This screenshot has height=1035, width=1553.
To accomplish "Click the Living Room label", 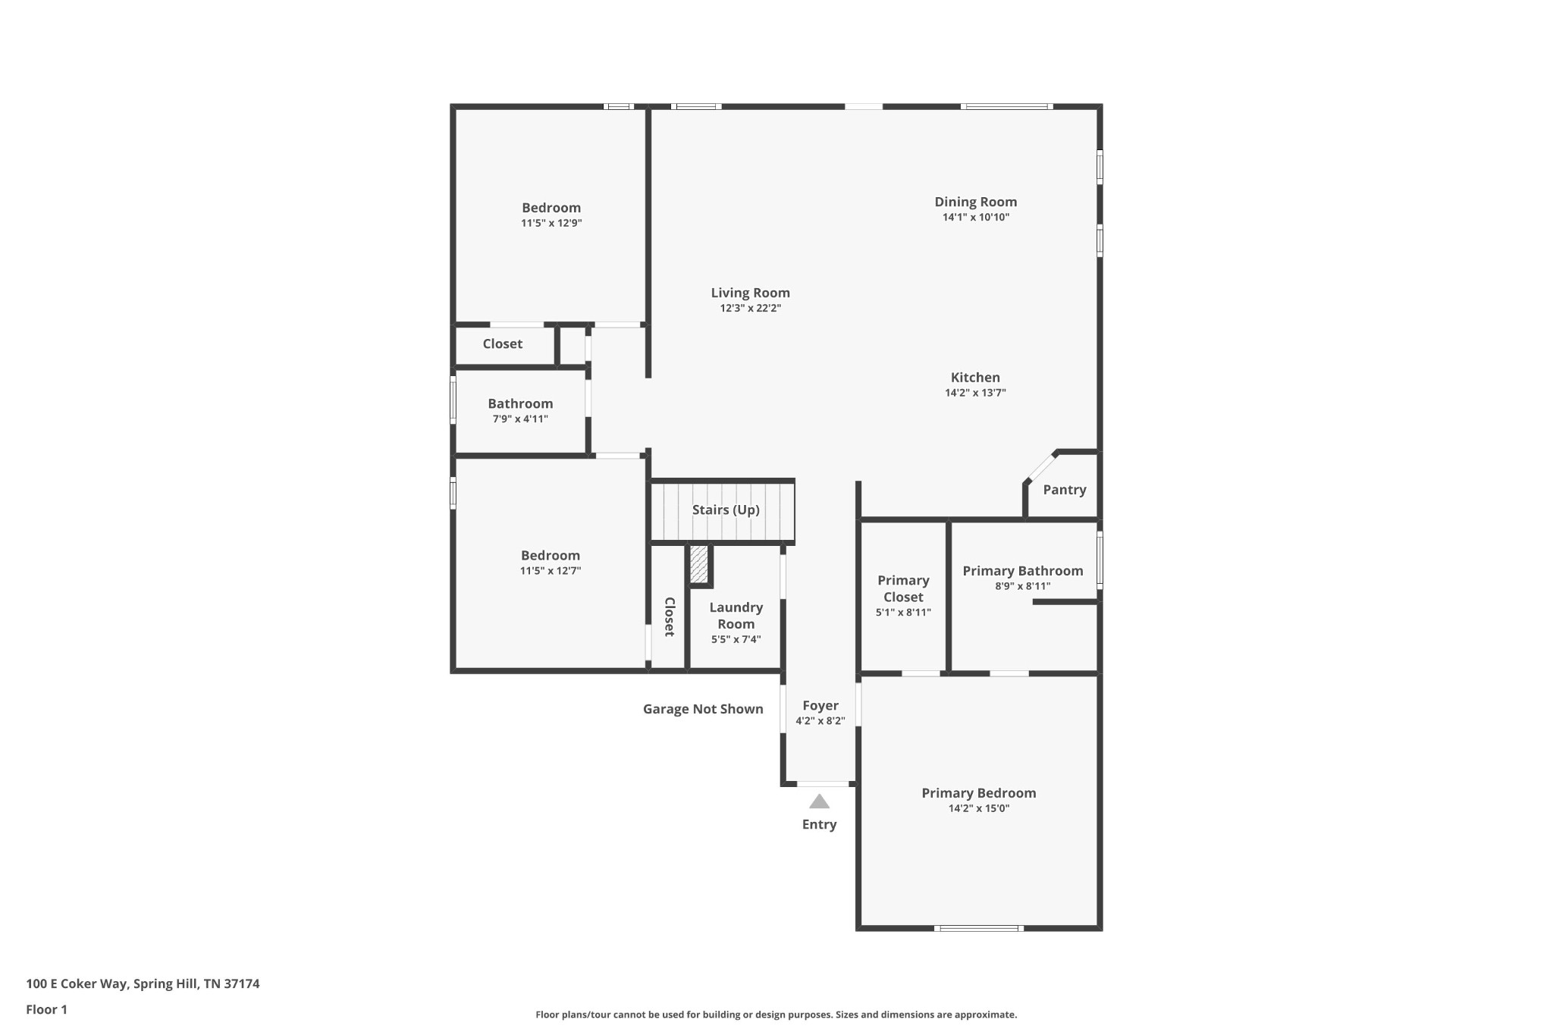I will point(750,293).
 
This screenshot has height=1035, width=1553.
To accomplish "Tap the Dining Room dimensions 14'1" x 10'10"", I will point(975,218).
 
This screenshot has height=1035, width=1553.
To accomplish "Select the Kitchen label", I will point(975,377).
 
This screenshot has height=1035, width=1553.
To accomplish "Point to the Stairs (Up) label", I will point(725,510).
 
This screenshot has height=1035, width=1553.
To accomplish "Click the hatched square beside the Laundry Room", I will point(698,564).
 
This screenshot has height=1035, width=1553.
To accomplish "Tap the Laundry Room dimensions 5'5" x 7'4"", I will point(736,640).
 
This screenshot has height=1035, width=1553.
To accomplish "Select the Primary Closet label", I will point(902,588).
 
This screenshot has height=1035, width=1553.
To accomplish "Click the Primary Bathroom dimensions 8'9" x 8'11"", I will point(1022,586).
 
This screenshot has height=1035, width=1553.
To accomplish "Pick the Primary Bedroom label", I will point(978,793).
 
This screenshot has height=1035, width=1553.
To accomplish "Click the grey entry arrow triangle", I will point(819,802).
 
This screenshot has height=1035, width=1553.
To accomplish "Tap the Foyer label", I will point(820,705).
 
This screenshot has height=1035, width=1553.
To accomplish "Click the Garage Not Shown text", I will point(703,709).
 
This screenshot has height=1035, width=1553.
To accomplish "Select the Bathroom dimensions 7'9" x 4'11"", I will point(520,419).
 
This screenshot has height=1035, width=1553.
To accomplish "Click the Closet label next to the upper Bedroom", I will point(502,343).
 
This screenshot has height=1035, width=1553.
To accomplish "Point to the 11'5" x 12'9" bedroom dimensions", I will point(551,224).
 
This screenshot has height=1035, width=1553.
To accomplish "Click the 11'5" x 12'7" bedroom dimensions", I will point(550,571).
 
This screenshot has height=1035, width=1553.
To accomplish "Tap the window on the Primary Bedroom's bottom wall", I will point(978,928).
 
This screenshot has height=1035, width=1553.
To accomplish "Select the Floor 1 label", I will point(46,1010).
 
